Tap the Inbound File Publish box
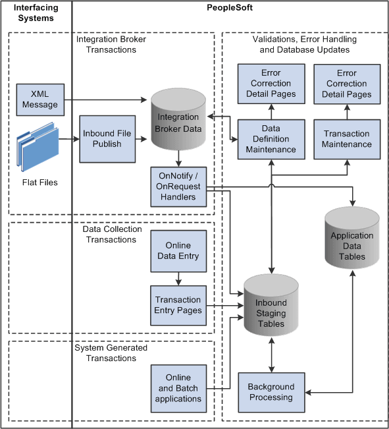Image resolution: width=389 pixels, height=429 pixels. [x=107, y=138]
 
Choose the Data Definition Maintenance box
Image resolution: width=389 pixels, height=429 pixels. [x=271, y=139]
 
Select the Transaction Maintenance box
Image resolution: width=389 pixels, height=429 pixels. [x=347, y=139]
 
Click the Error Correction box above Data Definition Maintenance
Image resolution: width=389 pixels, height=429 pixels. [x=271, y=84]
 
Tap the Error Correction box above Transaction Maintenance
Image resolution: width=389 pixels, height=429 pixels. [x=347, y=84]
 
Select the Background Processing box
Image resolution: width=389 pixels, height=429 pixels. [x=271, y=392]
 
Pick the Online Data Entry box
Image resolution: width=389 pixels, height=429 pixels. [x=178, y=251]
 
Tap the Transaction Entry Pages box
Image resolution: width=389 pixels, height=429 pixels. [x=178, y=305]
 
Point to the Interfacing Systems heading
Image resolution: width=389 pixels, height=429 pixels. [x=36, y=13]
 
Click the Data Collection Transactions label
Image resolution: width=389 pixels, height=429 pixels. [x=112, y=235]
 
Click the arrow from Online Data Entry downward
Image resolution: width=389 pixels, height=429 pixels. [x=178, y=276]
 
